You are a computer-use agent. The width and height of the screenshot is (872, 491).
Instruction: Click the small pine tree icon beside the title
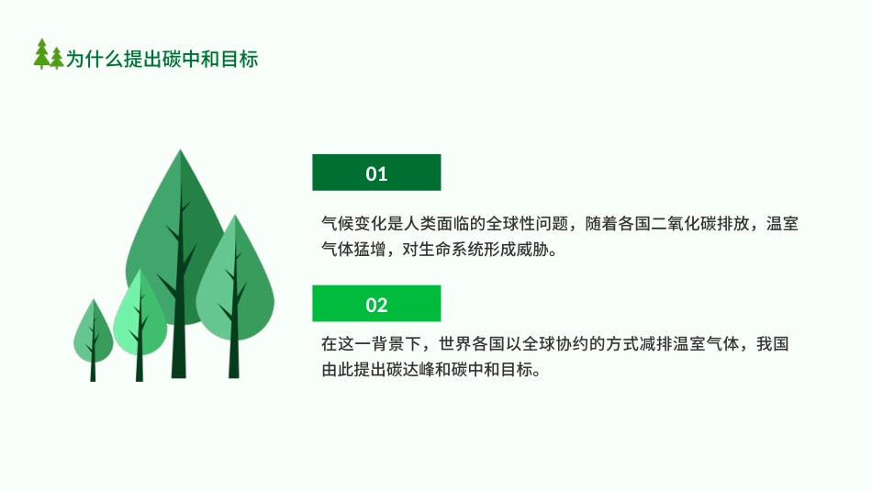pos(49,55)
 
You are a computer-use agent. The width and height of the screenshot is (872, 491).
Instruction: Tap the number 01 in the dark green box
pos(376,173)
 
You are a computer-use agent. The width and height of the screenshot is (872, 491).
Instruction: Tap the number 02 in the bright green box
pos(376,305)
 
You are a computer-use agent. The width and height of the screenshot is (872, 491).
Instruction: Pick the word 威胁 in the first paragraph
pos(528,250)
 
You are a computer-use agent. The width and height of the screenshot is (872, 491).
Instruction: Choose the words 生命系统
pos(448,250)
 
